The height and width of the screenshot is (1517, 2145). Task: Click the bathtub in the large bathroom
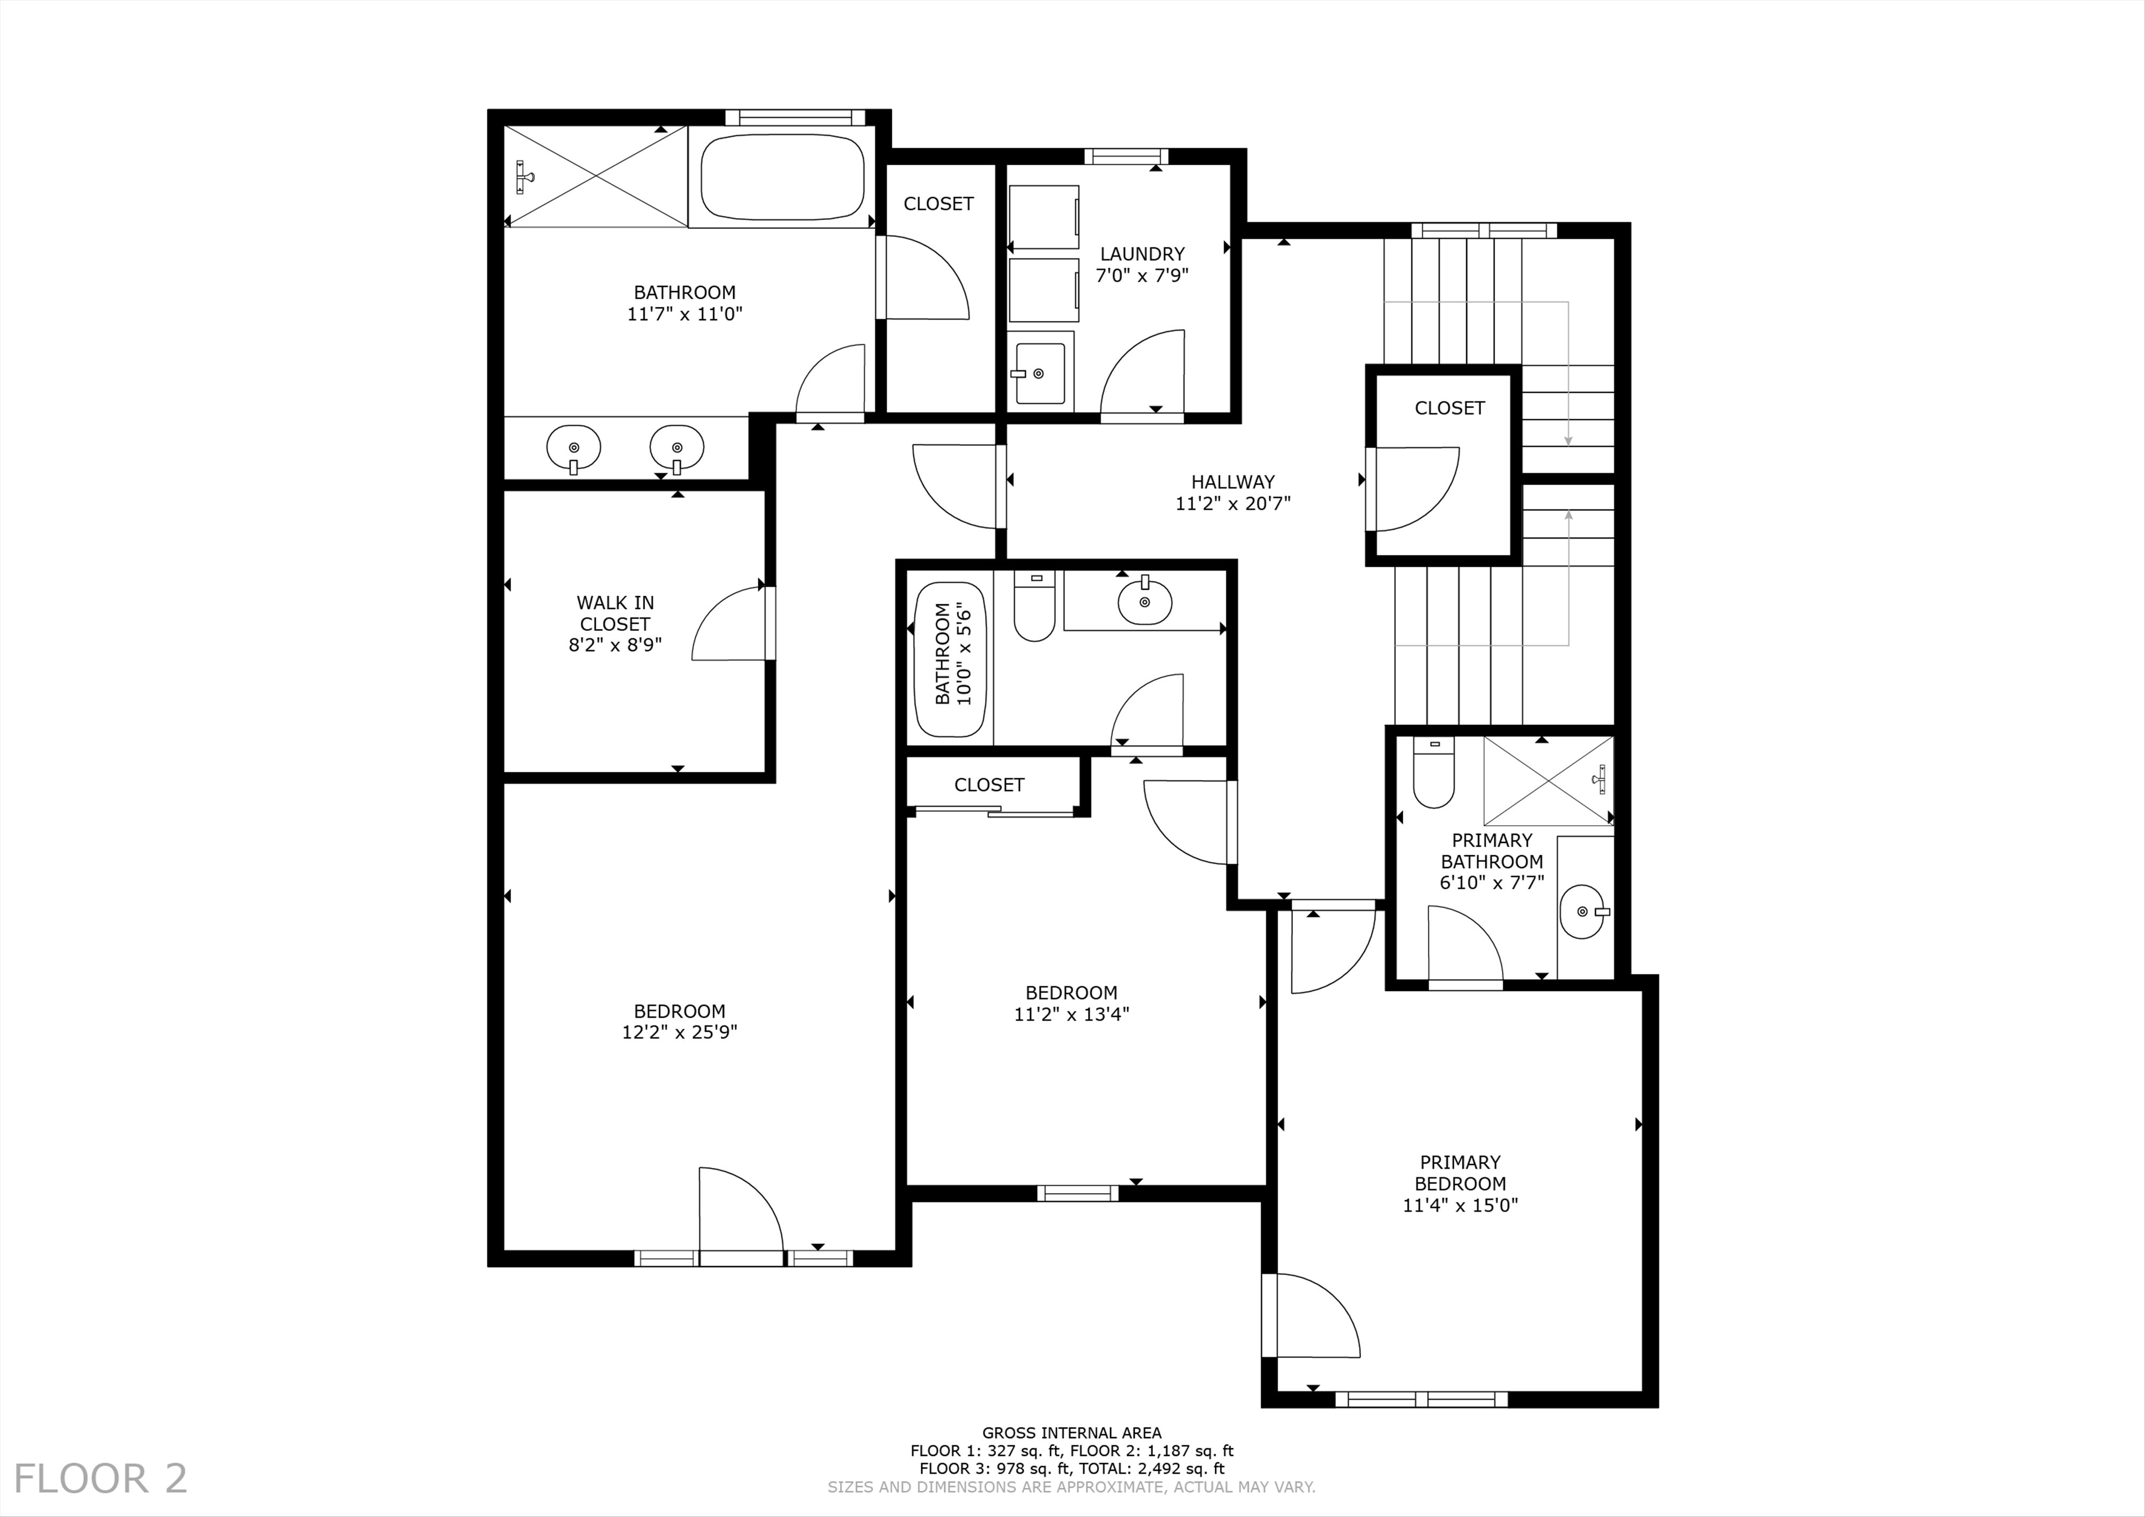pyautogui.click(x=782, y=177)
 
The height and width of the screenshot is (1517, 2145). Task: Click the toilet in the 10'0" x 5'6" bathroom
pyautogui.click(x=1034, y=606)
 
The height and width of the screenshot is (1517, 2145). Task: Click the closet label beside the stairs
pyautogui.click(x=1449, y=408)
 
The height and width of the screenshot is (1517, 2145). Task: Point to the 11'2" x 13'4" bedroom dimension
pyautogui.click(x=1071, y=1013)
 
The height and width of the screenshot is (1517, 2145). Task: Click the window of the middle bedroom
pyautogui.click(x=1077, y=1193)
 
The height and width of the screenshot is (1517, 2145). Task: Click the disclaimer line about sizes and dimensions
pyautogui.click(x=1071, y=1487)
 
